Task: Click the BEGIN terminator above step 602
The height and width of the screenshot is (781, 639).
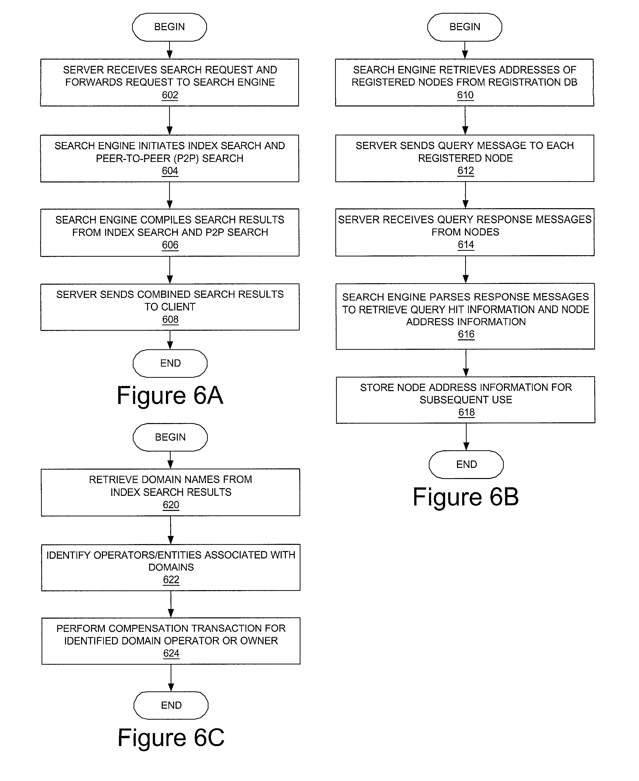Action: (169, 27)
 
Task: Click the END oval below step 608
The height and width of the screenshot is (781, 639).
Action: (170, 363)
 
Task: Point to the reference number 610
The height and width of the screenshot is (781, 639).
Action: (465, 95)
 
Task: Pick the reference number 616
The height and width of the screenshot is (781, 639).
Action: (466, 334)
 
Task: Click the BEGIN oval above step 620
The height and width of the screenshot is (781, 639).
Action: (170, 437)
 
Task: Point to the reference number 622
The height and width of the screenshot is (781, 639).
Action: (171, 580)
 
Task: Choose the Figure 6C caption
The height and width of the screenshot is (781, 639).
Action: (171, 737)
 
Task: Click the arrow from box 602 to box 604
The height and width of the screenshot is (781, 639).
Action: (170, 121)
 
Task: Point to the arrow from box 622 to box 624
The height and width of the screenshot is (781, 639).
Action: (171, 605)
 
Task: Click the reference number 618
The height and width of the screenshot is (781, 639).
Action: (466, 412)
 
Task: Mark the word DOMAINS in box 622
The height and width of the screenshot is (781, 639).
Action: (171, 567)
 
